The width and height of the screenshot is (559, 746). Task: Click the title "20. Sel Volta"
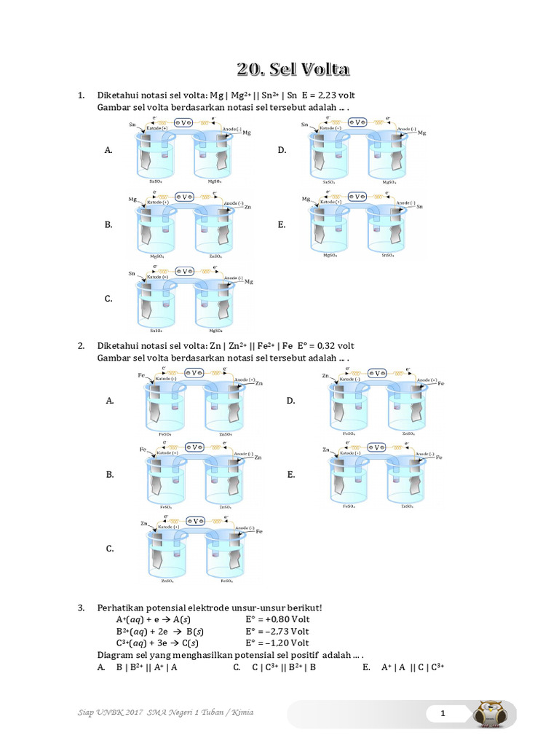pos(293,69)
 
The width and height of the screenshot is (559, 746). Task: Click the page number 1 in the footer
pos(442,714)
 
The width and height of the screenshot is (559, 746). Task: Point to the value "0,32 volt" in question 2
pos(330,345)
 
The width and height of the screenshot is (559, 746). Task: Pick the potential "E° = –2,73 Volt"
pos(277,632)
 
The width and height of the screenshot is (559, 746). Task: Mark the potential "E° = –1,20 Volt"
pos(277,643)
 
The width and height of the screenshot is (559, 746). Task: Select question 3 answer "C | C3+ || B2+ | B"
pos(284,667)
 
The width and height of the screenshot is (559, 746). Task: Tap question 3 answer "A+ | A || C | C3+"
pos(412,667)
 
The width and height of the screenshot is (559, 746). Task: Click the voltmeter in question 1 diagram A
pos(187,122)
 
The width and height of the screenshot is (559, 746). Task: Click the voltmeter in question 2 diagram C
pos(194,519)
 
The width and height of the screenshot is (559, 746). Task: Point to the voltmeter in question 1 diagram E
pos(357,197)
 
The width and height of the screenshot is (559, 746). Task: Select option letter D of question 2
pos(290,401)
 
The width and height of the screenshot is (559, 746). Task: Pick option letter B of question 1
pos(108,225)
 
